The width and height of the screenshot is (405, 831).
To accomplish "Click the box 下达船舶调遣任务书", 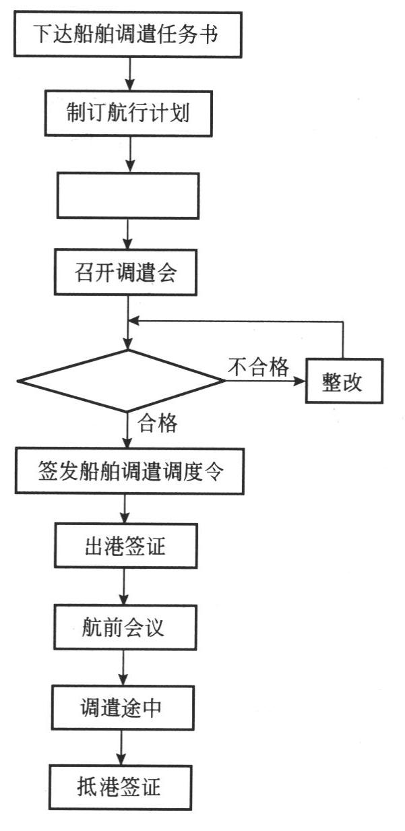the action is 128,34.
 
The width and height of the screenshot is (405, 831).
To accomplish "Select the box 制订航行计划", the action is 128,113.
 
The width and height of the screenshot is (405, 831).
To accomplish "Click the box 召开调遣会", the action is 125,272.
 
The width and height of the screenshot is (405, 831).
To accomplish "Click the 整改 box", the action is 344,381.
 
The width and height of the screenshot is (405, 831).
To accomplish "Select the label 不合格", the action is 259,367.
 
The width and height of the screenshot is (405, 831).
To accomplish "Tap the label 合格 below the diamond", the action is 158,423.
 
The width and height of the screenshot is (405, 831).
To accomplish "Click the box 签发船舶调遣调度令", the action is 129,471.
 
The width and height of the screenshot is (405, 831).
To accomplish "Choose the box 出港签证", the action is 126,546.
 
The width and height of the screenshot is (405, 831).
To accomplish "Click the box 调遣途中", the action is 123,708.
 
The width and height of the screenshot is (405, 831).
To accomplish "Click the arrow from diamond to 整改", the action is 265,381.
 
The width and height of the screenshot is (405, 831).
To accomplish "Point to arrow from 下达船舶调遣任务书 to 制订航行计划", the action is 129,74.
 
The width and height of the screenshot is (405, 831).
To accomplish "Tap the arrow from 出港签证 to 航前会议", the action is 124,586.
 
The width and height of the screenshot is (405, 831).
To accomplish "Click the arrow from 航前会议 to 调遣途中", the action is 123,668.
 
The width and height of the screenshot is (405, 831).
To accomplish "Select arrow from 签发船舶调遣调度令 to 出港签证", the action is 125,509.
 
